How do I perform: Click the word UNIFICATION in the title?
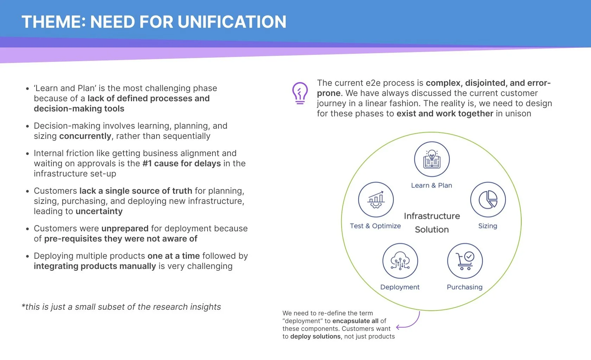click(232, 22)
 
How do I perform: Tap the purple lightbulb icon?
click(300, 93)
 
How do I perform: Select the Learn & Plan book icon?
click(432, 159)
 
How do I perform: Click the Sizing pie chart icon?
click(488, 200)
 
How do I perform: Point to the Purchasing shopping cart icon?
click(465, 261)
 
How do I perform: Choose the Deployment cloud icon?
click(400, 261)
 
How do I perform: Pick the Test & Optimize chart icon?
click(376, 200)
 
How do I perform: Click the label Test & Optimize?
click(375, 226)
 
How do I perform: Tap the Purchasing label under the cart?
click(464, 287)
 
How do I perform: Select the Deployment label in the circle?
click(400, 287)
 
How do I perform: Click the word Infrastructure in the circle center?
click(432, 216)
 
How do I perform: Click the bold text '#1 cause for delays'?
click(182, 163)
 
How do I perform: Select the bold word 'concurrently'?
click(85, 136)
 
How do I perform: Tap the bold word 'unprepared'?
click(125, 229)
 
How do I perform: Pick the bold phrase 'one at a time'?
click(173, 256)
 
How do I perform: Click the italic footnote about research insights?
click(121, 307)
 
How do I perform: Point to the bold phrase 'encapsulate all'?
click(355, 321)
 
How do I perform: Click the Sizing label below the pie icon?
click(488, 226)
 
